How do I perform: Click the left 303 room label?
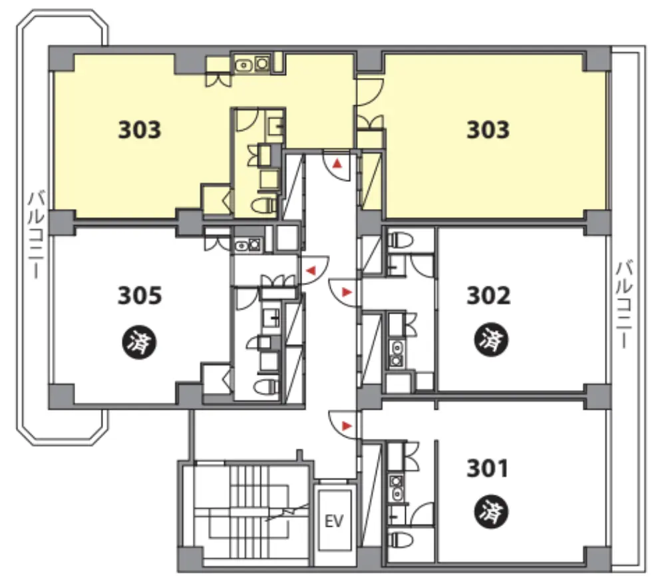[x=139, y=130]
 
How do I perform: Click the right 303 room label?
[x=488, y=130]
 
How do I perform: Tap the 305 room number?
[x=139, y=295]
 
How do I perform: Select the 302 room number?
[x=488, y=295]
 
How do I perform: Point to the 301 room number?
[x=488, y=468]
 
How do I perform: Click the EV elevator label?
[x=334, y=521]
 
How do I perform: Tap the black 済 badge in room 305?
[x=139, y=342]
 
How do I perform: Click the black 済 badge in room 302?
[x=491, y=340]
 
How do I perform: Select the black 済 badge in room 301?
[x=491, y=512]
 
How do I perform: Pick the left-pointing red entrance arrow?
[x=311, y=270]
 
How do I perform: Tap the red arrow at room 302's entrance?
[x=347, y=292]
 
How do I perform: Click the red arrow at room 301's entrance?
[x=347, y=426]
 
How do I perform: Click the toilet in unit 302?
[x=401, y=240]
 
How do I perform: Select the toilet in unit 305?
[x=265, y=386]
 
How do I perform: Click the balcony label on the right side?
[x=625, y=304]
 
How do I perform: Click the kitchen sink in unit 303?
[x=243, y=65]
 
